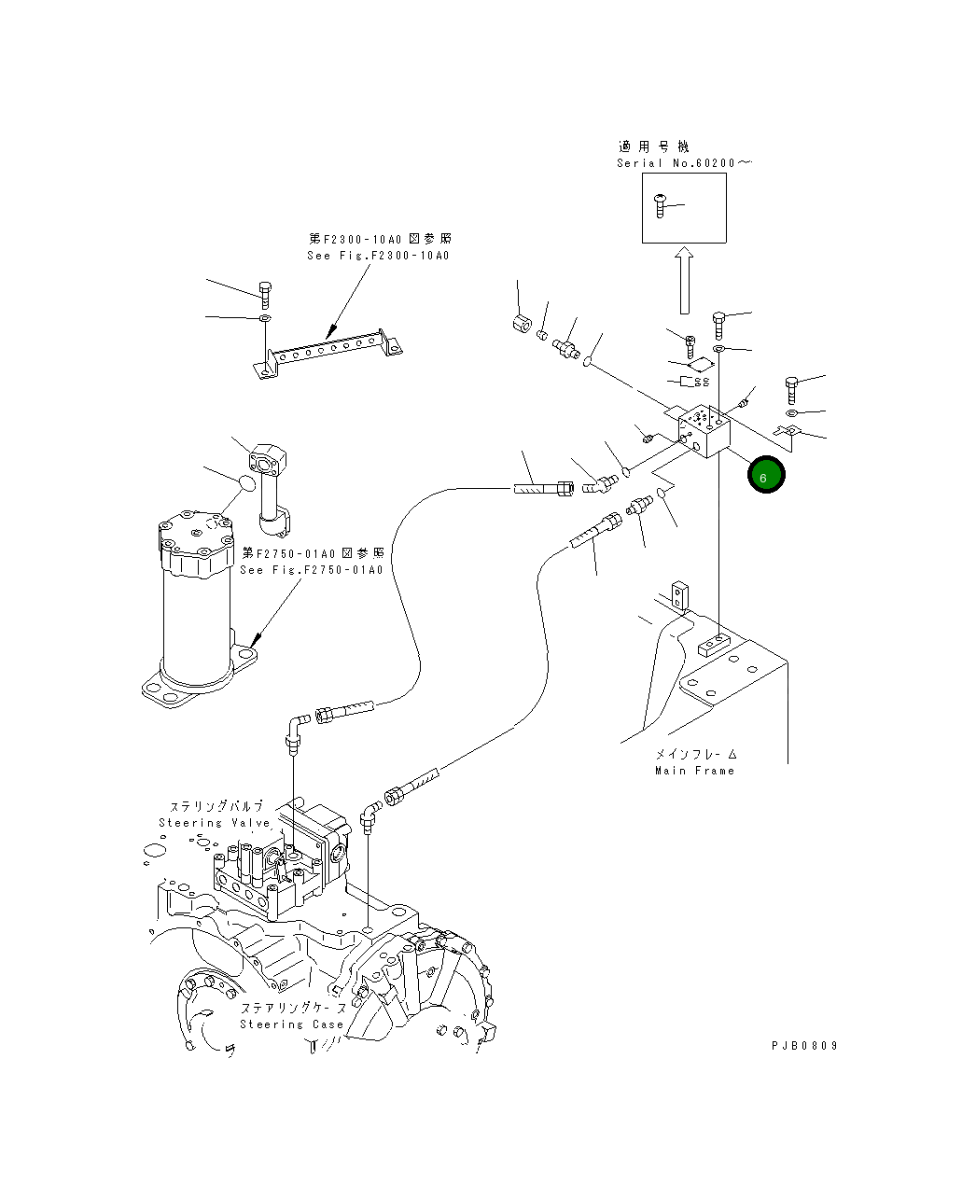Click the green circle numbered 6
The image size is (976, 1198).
pos(765,476)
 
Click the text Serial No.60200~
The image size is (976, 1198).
pos(683,163)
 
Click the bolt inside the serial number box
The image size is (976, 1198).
pos(662,205)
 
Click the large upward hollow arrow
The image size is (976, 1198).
pos(684,280)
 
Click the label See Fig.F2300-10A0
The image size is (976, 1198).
pos(377,256)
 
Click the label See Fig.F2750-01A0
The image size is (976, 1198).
pos(311,569)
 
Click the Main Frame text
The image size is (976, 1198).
pos(694,771)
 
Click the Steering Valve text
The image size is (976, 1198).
pos(214,823)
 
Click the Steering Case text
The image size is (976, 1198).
pos(291,1024)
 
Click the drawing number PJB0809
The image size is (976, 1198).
pos(803,1046)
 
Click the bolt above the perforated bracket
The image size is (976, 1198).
pos(265,293)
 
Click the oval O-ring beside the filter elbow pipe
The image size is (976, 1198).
pos(245,483)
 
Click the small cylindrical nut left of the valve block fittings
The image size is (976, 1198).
pos(521,325)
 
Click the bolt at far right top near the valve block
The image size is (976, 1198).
pos(792,387)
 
